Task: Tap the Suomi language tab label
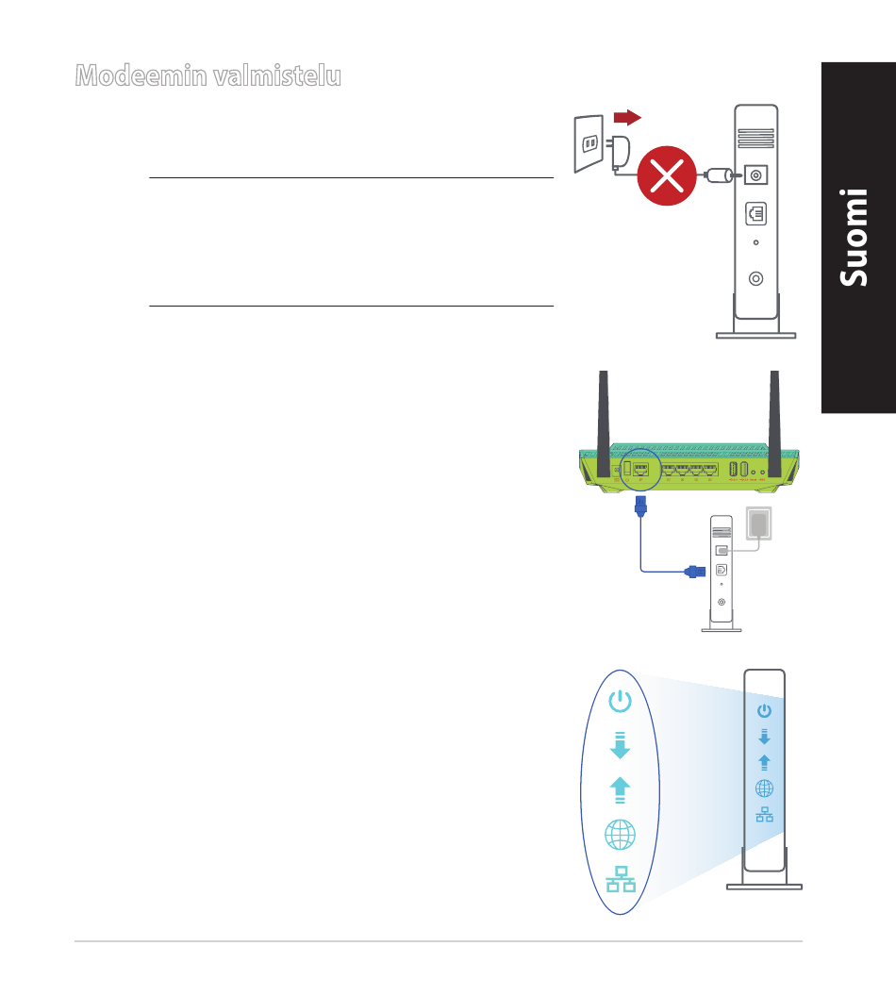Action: click(857, 237)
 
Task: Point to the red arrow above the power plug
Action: click(627, 117)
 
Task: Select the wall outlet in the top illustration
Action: click(589, 143)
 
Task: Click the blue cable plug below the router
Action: click(642, 508)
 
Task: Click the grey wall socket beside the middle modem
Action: click(759, 524)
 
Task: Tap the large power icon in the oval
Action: click(620, 701)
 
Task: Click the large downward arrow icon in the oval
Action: click(620, 746)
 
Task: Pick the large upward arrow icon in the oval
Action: click(620, 789)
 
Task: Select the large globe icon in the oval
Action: click(620, 835)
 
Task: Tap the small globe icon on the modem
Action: click(764, 788)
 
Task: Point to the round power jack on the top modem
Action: click(755, 175)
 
